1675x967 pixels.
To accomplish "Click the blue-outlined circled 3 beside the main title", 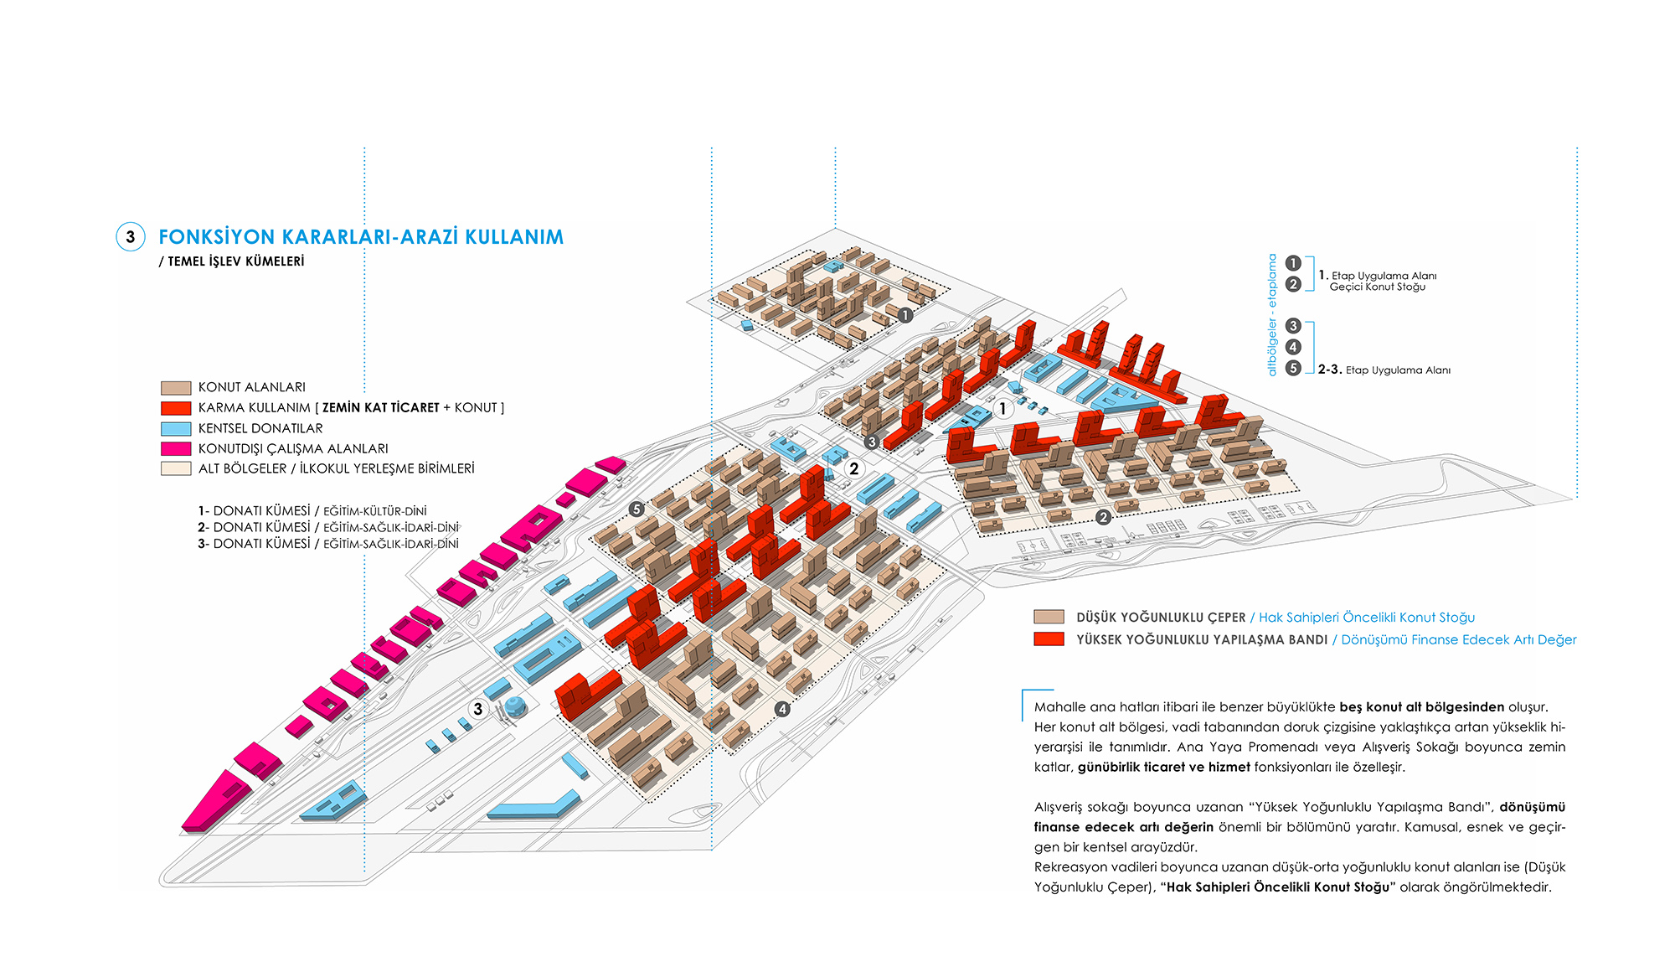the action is pos(130,237).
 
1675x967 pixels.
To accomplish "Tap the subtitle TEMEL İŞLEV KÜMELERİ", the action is pos(236,261).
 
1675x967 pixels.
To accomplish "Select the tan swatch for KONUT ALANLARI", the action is pos(176,388).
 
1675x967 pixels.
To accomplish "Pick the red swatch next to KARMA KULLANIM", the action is pos(176,408).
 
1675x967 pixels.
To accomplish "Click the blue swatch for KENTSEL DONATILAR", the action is pos(176,428).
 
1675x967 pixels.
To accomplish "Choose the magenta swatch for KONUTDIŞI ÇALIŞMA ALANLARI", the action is pos(176,448).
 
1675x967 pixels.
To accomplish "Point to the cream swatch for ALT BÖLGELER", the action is pos(176,468).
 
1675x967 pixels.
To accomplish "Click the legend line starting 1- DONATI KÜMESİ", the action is pos(312,510).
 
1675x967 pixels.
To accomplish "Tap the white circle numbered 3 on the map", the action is pos(478,709).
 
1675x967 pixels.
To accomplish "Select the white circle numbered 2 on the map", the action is pos(853,468).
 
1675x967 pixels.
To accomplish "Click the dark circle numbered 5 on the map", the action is pos(636,509).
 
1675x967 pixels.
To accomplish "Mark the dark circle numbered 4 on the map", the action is pos(782,709).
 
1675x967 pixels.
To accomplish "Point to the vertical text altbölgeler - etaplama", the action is pos(1272,315).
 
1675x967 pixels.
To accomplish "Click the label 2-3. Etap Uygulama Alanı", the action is pos(1384,370).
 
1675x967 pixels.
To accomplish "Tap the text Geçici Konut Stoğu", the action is pos(1378,287).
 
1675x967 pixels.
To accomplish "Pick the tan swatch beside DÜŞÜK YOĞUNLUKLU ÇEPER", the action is pos(1049,617).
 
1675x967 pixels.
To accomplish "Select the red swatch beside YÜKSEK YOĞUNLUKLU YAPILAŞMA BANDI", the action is pos(1049,639).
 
